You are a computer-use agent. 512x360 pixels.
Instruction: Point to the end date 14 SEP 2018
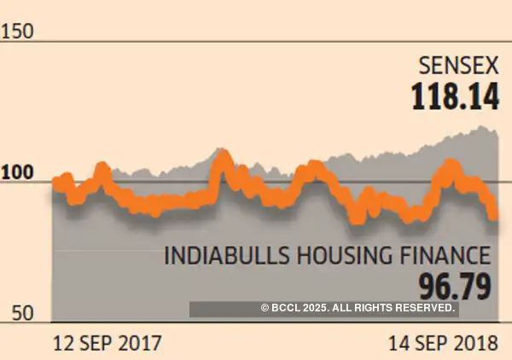click(x=443, y=344)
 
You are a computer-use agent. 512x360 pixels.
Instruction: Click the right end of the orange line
click(x=494, y=218)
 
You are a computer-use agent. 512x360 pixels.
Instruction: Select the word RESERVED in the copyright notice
click(x=422, y=308)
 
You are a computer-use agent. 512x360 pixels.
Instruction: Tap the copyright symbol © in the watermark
click(x=265, y=308)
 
